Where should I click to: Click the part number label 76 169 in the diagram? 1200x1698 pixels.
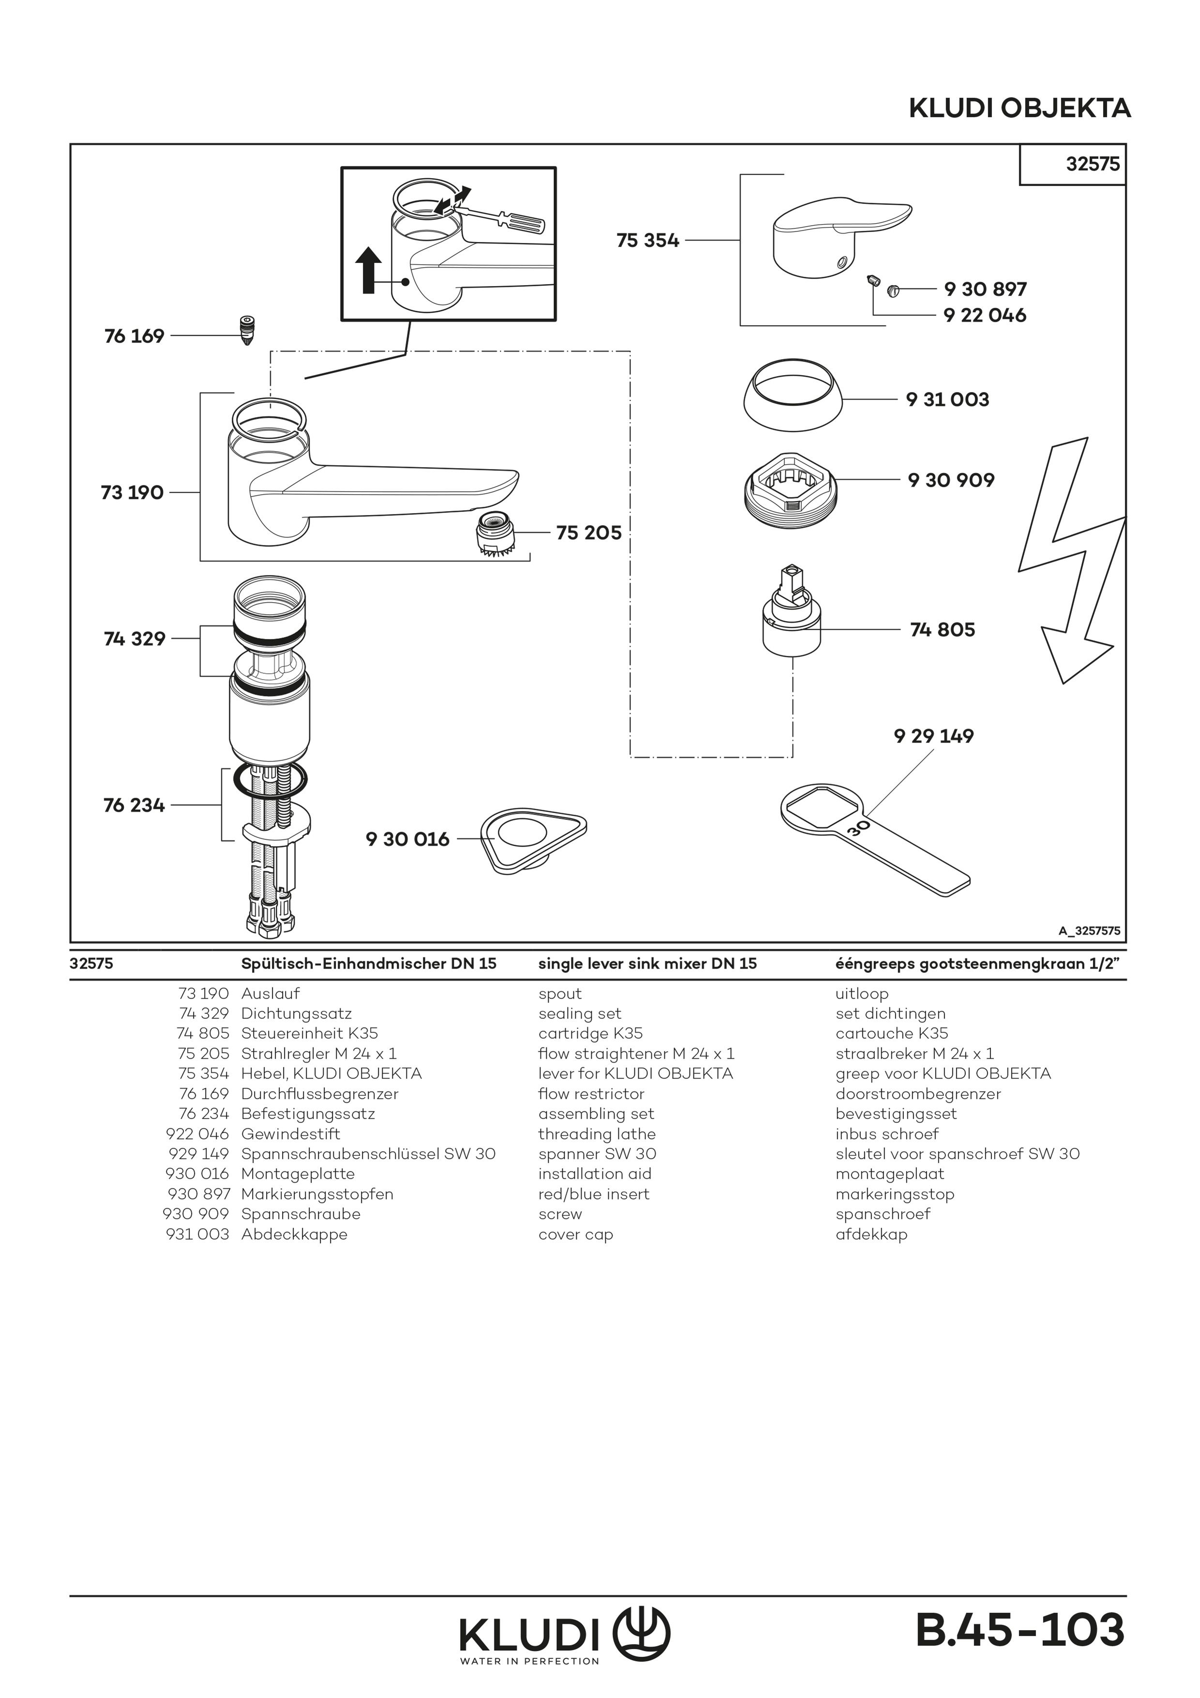point(134,336)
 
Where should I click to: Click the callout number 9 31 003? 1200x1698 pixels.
point(947,399)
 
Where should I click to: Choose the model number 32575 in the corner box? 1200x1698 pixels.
point(1092,164)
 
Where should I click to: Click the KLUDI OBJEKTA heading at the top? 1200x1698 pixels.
point(1019,109)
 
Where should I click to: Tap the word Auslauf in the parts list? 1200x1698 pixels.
point(270,994)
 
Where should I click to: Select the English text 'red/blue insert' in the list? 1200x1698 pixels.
point(594,1195)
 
